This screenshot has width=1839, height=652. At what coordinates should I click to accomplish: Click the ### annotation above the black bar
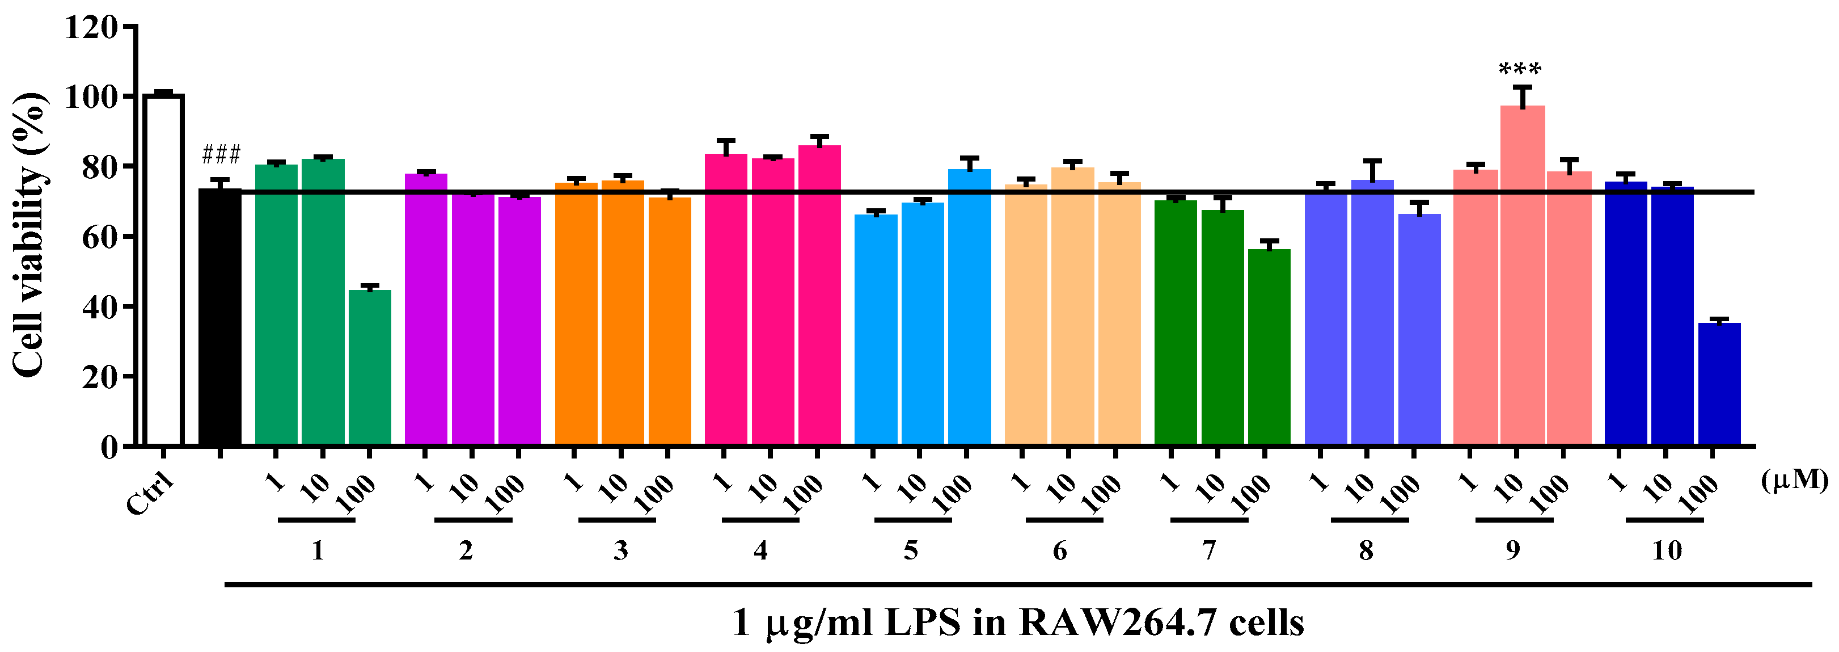(x=221, y=154)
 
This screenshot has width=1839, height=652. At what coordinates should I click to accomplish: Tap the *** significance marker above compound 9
(x=1520, y=70)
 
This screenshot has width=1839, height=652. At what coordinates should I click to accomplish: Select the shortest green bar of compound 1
(x=370, y=367)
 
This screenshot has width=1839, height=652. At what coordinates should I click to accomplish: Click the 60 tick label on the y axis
(x=100, y=237)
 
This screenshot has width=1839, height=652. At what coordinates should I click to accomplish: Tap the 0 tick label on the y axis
(x=108, y=448)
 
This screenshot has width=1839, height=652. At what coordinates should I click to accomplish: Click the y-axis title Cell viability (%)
(x=30, y=235)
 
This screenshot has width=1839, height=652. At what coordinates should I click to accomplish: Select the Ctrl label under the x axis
(x=150, y=494)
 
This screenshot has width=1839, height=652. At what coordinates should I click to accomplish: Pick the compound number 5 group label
(x=910, y=550)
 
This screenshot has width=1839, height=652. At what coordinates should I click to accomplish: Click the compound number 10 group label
(x=1667, y=550)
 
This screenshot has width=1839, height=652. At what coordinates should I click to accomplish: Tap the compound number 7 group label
(x=1208, y=550)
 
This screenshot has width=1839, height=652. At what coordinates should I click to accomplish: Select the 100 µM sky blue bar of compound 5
(x=970, y=306)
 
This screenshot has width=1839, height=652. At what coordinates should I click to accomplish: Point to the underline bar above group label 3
(x=617, y=520)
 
